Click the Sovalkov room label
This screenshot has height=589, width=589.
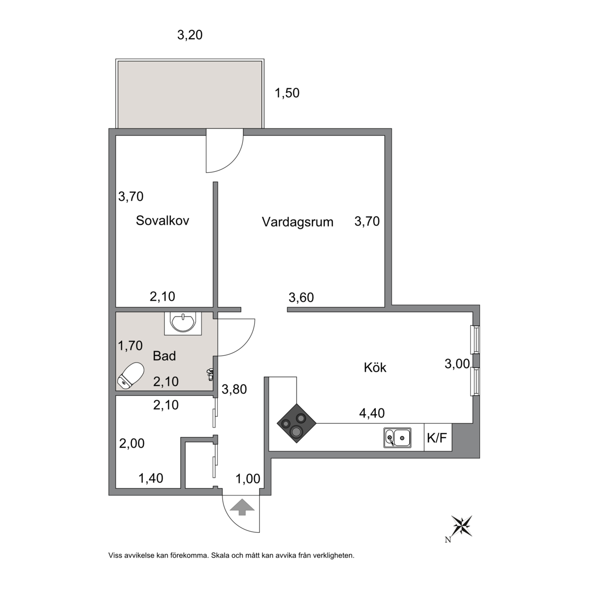(x=162, y=220)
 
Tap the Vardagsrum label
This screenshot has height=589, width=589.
(x=298, y=222)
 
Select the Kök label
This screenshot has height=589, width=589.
(x=375, y=368)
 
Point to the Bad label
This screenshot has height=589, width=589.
(x=164, y=356)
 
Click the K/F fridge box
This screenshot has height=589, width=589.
(x=438, y=437)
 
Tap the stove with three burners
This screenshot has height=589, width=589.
(x=297, y=423)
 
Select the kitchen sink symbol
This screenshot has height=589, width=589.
(x=397, y=438)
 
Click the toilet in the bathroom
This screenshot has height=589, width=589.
(x=130, y=375)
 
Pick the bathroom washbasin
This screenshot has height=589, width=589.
(x=183, y=323)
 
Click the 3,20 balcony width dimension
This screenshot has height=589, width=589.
(x=190, y=35)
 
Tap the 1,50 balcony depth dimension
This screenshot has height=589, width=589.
(x=287, y=93)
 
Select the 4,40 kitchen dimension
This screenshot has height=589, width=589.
(x=372, y=413)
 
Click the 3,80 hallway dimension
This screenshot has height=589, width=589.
(x=234, y=389)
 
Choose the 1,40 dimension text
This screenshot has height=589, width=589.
(x=151, y=478)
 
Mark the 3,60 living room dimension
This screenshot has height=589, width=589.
(x=301, y=298)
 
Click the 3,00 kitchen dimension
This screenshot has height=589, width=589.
(x=457, y=364)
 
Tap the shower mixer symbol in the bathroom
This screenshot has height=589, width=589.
(x=210, y=375)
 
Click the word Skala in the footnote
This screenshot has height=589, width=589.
(x=220, y=555)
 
